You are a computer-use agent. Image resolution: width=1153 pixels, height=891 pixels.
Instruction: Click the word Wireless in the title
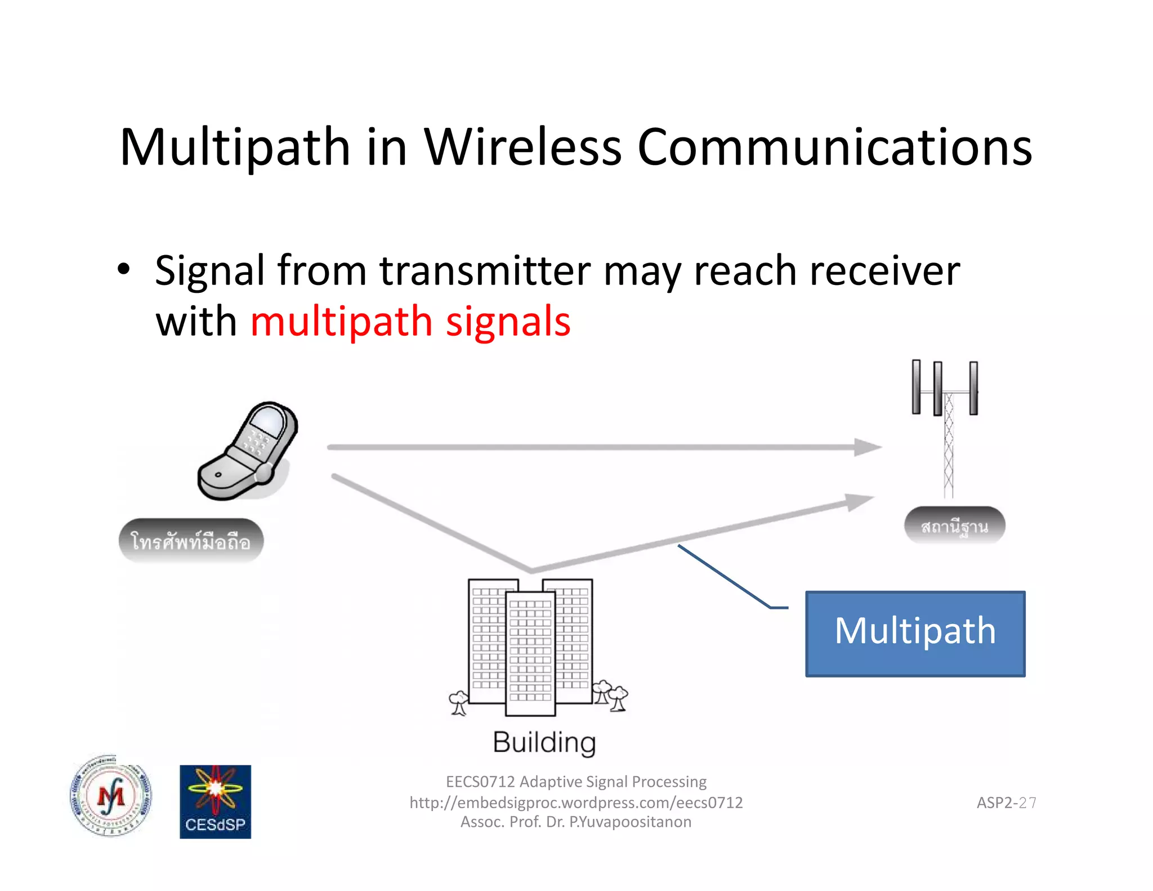click(x=522, y=148)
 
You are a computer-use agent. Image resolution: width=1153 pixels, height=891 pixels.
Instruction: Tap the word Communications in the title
click(x=834, y=148)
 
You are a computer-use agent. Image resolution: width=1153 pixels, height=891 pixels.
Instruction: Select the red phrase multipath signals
click(x=410, y=322)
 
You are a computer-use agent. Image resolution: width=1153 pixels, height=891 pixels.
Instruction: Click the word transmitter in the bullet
click(x=485, y=271)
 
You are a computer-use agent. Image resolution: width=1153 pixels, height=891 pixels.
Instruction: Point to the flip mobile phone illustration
click(x=248, y=451)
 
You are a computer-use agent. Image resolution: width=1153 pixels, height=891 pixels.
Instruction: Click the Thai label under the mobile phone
click(x=191, y=541)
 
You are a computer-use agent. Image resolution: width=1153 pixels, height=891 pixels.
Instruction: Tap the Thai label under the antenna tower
click(x=954, y=526)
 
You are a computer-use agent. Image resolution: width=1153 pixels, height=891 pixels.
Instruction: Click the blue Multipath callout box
click(x=915, y=633)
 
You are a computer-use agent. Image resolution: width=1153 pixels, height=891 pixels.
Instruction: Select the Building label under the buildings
click(x=544, y=742)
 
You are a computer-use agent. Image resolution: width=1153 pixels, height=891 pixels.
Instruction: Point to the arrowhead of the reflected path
click(x=860, y=501)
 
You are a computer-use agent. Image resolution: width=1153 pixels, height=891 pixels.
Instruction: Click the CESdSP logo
click(x=215, y=801)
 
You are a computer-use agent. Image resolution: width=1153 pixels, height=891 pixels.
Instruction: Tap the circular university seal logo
click(x=111, y=796)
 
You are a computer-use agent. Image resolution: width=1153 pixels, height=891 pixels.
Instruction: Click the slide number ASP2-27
click(x=1006, y=803)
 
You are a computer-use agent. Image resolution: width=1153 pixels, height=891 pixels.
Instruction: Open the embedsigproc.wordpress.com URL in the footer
click(x=576, y=803)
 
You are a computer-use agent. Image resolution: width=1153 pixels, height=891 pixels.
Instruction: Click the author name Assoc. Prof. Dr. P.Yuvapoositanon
click(x=576, y=822)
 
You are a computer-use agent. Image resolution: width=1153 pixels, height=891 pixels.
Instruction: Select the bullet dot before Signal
click(x=124, y=269)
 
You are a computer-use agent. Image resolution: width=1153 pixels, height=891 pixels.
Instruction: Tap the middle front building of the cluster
click(x=530, y=653)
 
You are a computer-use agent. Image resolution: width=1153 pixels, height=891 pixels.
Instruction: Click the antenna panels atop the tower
click(x=945, y=387)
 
